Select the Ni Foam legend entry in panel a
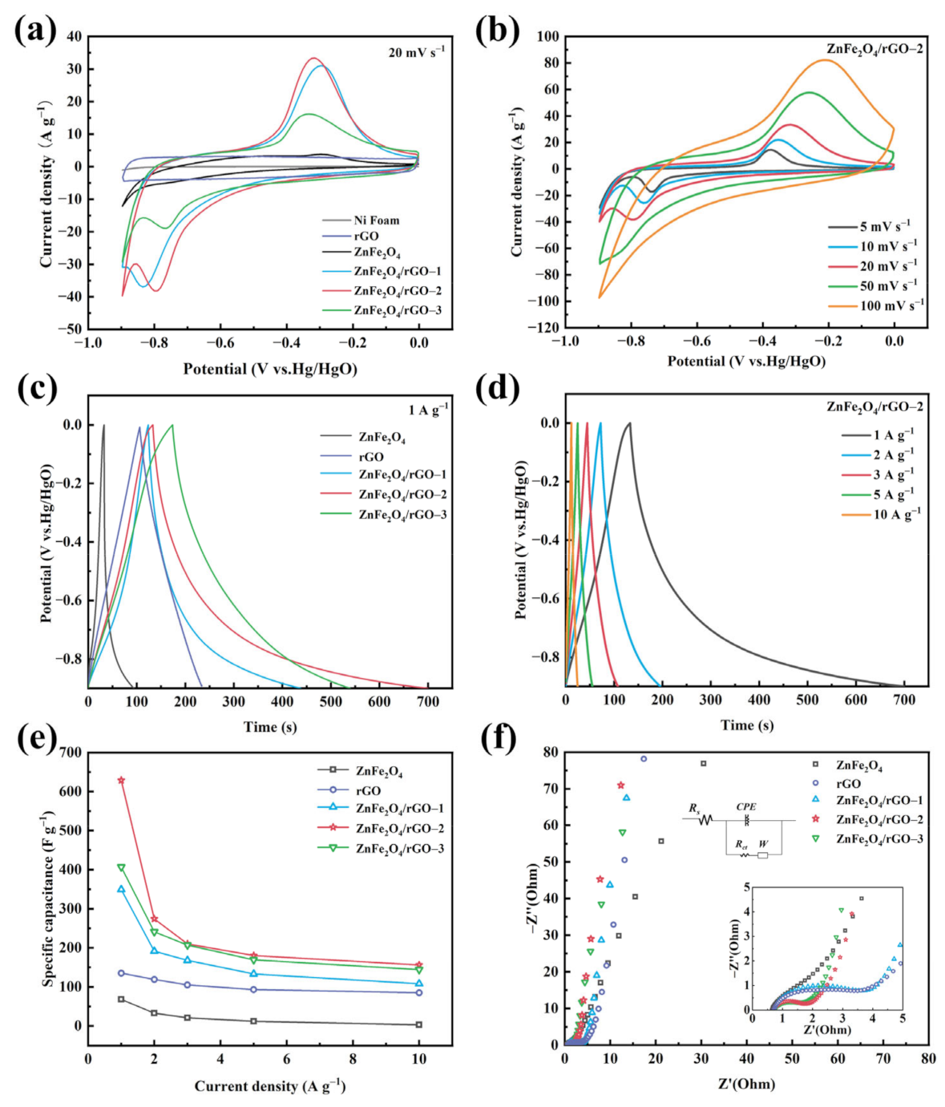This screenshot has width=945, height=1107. coord(376,220)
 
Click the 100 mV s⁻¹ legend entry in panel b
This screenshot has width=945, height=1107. coord(891,305)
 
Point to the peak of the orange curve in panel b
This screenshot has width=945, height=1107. coord(825,60)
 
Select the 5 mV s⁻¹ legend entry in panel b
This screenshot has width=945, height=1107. coord(885,227)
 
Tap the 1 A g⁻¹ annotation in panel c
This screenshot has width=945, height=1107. coord(428,410)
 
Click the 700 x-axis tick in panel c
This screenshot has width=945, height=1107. coord(428,701)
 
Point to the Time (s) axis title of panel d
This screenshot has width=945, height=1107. coord(747,725)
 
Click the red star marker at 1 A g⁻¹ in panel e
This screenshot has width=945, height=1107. coord(121,780)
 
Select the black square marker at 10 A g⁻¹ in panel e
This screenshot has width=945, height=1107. coord(418,1024)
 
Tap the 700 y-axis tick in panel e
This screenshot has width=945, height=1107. coord(71,752)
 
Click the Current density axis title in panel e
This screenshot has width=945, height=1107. coord(269,1086)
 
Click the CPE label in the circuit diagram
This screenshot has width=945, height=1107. coord(746,807)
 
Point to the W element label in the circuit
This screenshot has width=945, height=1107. coord(763,844)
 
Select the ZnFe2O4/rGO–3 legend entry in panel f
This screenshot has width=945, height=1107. coord(879,838)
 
